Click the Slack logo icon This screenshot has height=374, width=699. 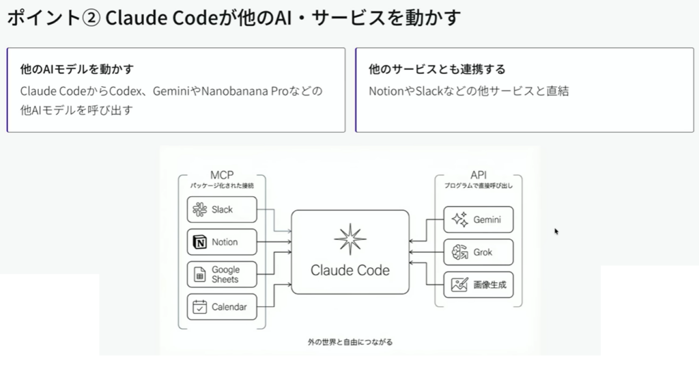pyautogui.click(x=199, y=210)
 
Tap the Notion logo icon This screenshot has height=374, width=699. pyautogui.click(x=200, y=242)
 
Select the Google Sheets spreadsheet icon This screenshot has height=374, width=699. pyautogui.click(x=199, y=275)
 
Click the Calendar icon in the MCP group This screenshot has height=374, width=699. pyautogui.click(x=199, y=307)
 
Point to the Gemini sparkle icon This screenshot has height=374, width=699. pyautogui.click(x=459, y=219)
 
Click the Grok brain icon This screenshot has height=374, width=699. pyautogui.click(x=459, y=252)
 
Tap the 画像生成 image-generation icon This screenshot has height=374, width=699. pyautogui.click(x=459, y=284)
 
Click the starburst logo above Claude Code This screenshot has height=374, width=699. pyautogui.click(x=350, y=239)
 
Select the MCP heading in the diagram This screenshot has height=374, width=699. pyautogui.click(x=222, y=175)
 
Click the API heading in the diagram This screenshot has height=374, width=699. pyautogui.click(x=478, y=175)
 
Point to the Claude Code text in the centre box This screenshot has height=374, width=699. pyautogui.click(x=350, y=270)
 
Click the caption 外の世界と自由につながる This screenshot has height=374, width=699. pyautogui.click(x=350, y=340)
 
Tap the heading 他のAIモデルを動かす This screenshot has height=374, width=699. pyautogui.click(x=76, y=69)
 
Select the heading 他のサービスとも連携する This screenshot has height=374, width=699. pyautogui.click(x=437, y=69)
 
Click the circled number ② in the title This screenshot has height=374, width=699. pyautogui.click(x=91, y=18)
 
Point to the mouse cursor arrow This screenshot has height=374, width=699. pyautogui.click(x=556, y=231)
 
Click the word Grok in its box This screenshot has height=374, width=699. pyautogui.click(x=483, y=252)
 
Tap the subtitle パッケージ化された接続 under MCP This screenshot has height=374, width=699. pyautogui.click(x=222, y=185)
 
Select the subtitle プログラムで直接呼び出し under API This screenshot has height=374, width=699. pyautogui.click(x=478, y=185)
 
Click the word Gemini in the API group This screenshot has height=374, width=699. pyautogui.click(x=487, y=219)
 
